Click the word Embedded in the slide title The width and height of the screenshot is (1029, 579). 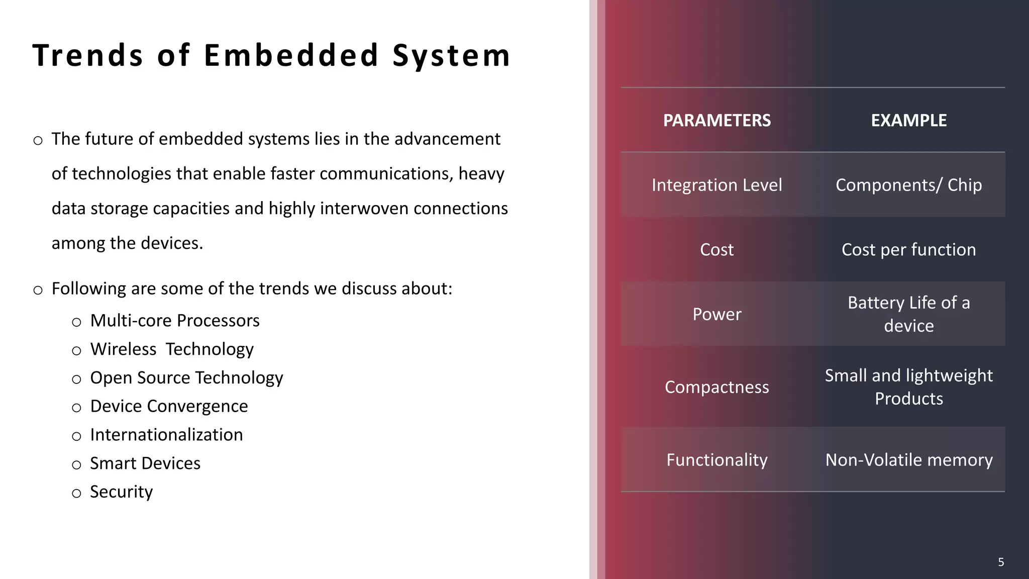[291, 55]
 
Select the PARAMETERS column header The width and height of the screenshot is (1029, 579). [716, 121]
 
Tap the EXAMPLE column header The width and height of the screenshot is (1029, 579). [908, 121]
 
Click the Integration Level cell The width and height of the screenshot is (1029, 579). [716, 185]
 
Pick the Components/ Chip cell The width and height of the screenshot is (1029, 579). [908, 185]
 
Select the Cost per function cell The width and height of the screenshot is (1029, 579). [908, 250]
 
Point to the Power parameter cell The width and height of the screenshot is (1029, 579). [716, 314]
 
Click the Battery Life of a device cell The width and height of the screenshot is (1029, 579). [908, 314]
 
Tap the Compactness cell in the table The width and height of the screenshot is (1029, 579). [716, 387]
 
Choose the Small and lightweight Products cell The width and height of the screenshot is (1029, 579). [908, 387]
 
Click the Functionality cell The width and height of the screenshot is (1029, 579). [716, 460]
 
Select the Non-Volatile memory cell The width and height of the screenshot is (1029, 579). [908, 460]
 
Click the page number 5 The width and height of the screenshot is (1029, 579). [1000, 562]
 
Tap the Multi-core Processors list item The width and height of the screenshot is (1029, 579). [174, 321]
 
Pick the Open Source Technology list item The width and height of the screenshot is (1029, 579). [186, 378]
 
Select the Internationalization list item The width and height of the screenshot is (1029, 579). [166, 435]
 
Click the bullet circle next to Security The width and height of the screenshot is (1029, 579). [76, 494]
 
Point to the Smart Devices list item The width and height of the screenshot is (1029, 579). [145, 463]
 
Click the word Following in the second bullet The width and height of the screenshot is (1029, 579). [88, 289]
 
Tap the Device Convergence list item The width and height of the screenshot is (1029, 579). [169, 406]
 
